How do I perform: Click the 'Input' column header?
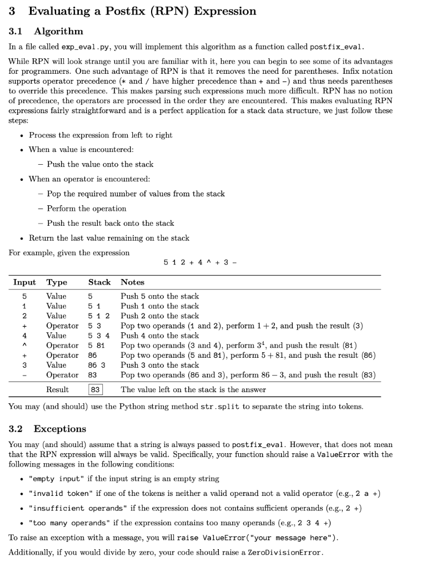pyautogui.click(x=24, y=282)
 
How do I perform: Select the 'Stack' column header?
pyautogui.click(x=99, y=282)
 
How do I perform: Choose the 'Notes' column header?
pyautogui.click(x=132, y=282)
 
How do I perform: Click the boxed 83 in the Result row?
pyautogui.click(x=95, y=389)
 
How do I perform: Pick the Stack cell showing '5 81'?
pyautogui.click(x=97, y=346)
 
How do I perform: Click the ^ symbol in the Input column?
pyautogui.click(x=24, y=346)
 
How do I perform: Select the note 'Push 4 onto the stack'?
pyautogui.click(x=159, y=336)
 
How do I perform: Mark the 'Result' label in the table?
pyautogui.click(x=57, y=389)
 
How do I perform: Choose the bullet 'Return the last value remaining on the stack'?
pyautogui.click(x=109, y=238)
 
